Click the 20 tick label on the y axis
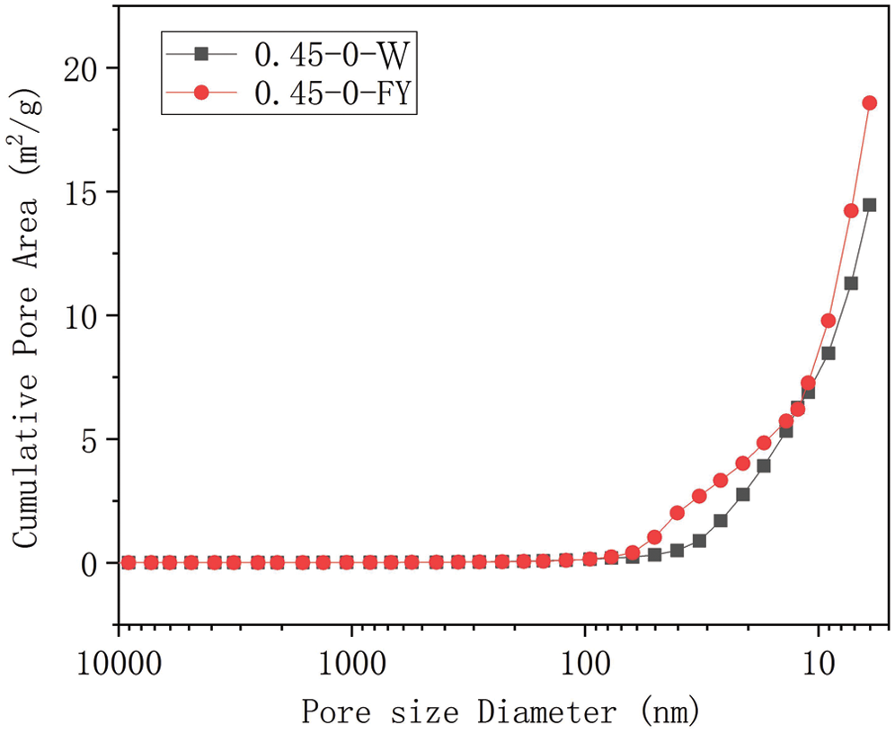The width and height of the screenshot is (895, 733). (x=85, y=68)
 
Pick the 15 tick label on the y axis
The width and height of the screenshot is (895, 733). (x=85, y=192)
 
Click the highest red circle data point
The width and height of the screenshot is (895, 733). (x=869, y=102)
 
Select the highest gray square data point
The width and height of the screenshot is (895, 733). (x=869, y=205)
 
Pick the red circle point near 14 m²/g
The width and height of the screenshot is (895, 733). (x=851, y=211)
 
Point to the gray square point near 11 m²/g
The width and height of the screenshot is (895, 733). (x=851, y=284)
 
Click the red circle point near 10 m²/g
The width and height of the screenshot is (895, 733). (x=829, y=321)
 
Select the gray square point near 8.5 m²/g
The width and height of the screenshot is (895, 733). (x=829, y=353)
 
